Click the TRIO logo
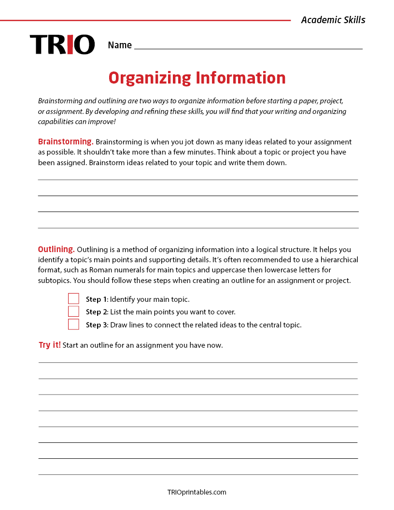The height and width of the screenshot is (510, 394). pos(62,44)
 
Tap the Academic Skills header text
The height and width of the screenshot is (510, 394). pos(333,20)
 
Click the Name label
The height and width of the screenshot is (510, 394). pos(120,45)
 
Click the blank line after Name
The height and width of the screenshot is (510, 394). pos(248,48)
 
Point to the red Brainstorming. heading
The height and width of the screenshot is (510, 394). pos(66,142)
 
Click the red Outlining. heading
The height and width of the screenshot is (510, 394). pos(56,249)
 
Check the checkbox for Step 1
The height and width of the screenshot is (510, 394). pos(73,299)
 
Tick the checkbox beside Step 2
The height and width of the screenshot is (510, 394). pos(73,312)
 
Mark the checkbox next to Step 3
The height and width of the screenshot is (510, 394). pos(73,325)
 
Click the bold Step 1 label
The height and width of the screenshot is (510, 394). pos(97,299)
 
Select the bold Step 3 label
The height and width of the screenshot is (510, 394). pos(97,325)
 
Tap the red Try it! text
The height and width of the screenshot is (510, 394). pos(50,345)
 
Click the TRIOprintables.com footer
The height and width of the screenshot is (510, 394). pos(197,492)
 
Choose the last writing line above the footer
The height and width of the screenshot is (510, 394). pos(198,474)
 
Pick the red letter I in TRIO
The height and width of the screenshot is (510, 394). pos(70,44)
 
